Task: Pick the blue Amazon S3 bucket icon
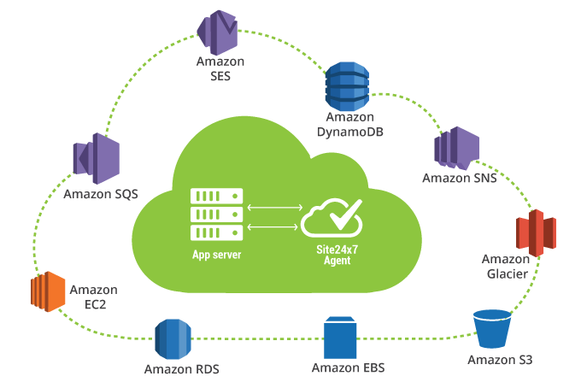click(x=493, y=328)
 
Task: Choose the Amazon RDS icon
click(x=173, y=340)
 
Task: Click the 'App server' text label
click(x=216, y=255)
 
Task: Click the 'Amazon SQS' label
click(x=101, y=195)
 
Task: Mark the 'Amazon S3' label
click(x=500, y=360)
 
